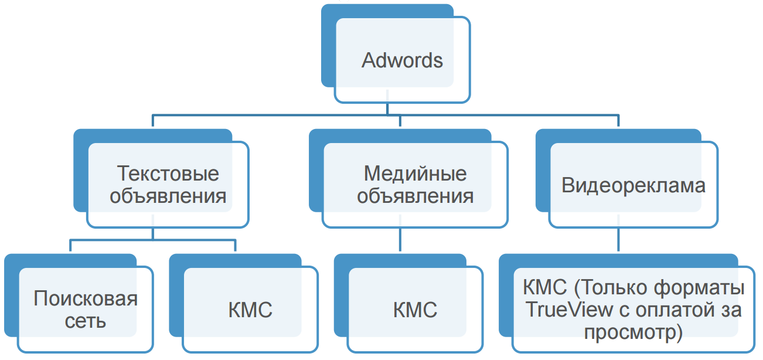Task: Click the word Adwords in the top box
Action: click(x=402, y=60)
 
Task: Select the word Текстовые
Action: click(x=168, y=174)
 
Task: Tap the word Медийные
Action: click(x=415, y=174)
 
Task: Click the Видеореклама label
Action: click(x=633, y=185)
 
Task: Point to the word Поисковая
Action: click(x=86, y=298)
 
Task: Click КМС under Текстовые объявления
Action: click(x=250, y=310)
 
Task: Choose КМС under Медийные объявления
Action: click(x=415, y=310)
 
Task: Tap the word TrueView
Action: click(x=566, y=310)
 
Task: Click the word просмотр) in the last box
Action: click(x=634, y=332)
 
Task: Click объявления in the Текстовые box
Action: click(x=168, y=196)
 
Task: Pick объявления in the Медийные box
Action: click(x=415, y=196)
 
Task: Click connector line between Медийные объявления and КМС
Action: click(x=400, y=240)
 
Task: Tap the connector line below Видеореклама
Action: click(x=619, y=240)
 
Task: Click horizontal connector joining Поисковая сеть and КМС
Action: click(x=153, y=240)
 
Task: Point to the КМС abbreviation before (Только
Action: click(x=544, y=288)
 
